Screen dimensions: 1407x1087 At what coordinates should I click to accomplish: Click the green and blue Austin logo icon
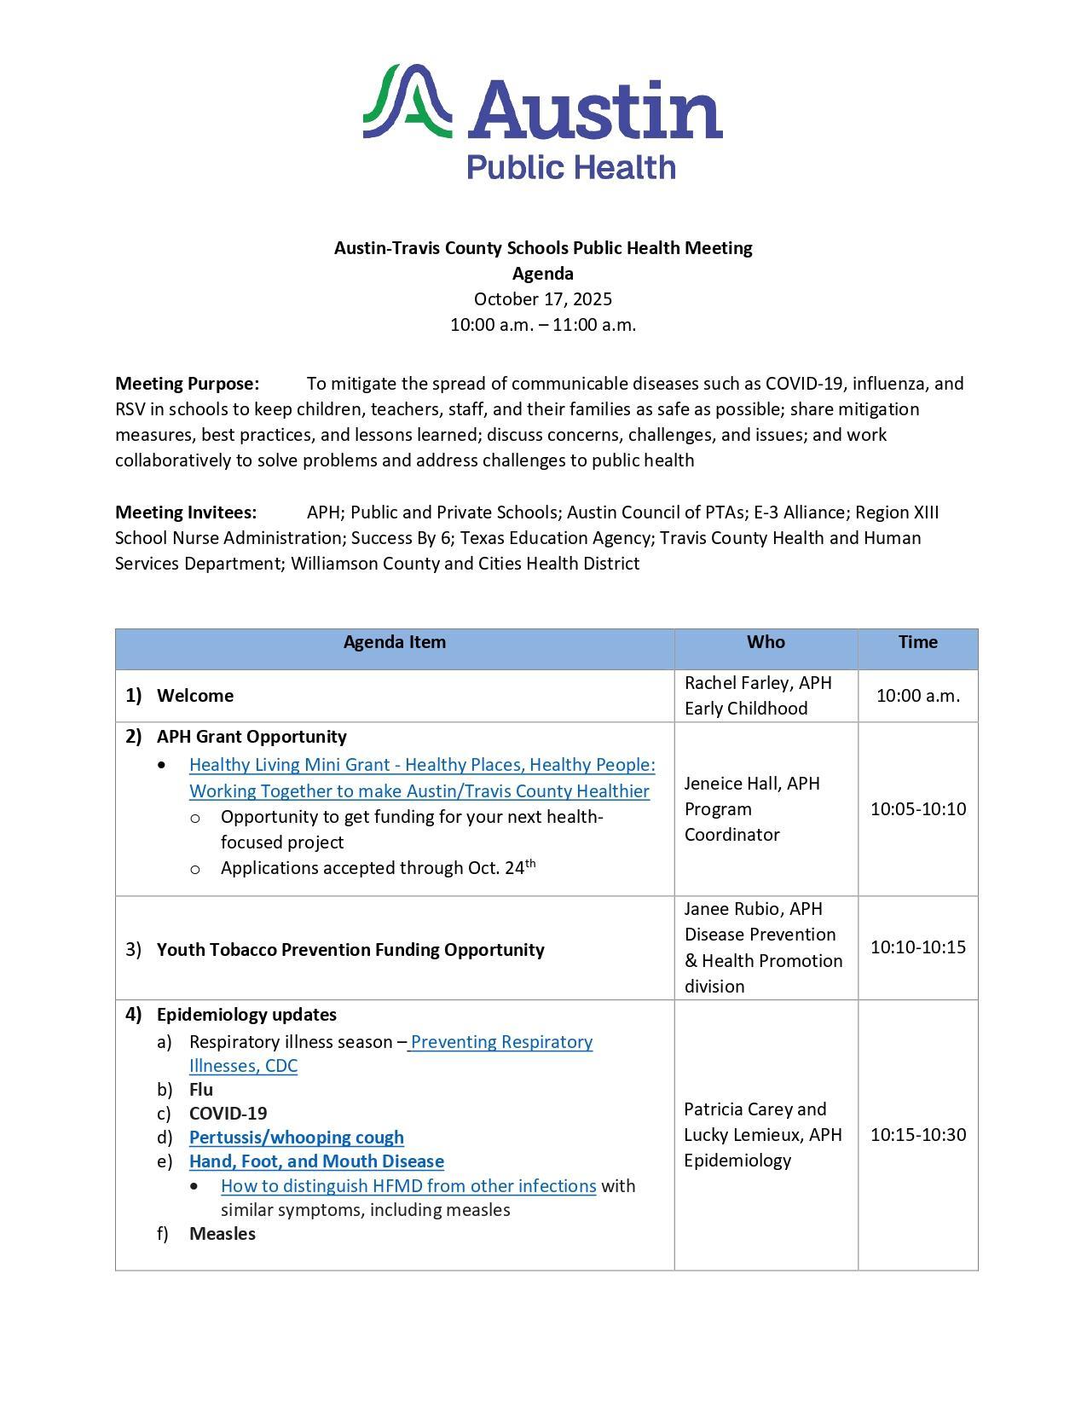click(407, 101)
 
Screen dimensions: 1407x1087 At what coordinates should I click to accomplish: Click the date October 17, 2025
click(543, 299)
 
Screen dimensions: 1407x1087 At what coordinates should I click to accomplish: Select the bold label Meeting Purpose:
click(187, 384)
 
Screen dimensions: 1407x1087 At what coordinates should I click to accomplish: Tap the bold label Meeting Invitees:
click(186, 512)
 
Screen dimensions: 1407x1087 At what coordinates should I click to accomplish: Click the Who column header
click(766, 642)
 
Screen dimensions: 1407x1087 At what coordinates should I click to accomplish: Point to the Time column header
click(917, 642)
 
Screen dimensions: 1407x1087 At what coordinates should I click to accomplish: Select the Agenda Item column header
click(394, 642)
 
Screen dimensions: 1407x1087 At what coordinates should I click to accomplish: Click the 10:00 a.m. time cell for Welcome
click(917, 696)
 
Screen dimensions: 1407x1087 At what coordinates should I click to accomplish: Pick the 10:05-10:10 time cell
click(917, 808)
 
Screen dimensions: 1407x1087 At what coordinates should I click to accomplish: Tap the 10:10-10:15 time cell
click(917, 947)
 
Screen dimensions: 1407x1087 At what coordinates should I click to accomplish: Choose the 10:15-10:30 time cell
click(917, 1134)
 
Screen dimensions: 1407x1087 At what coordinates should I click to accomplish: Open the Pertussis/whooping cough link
click(296, 1138)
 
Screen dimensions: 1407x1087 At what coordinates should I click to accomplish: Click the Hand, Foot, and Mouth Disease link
click(316, 1161)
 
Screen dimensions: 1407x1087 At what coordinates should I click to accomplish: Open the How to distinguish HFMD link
click(408, 1186)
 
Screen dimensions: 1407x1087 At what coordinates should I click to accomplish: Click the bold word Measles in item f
click(222, 1234)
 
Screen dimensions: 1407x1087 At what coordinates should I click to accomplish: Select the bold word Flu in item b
click(201, 1090)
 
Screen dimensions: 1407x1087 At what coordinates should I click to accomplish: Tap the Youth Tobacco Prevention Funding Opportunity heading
click(350, 950)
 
